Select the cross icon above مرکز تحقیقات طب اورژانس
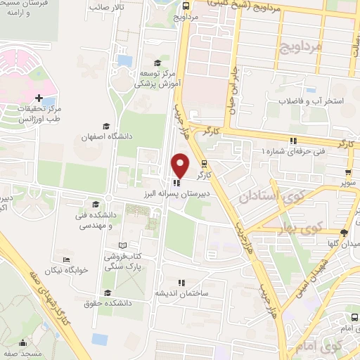pos(39,97)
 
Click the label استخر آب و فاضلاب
pos(311,101)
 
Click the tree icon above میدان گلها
pos(343,233)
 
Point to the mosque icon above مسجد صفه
pos(22,343)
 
